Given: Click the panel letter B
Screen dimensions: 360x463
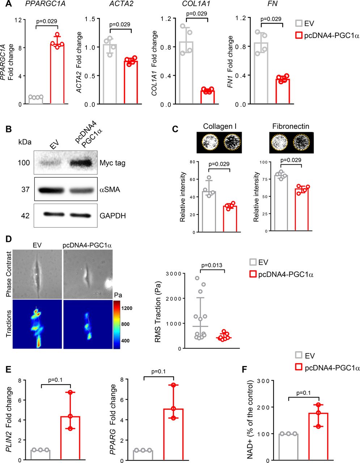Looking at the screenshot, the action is (x=9, y=129).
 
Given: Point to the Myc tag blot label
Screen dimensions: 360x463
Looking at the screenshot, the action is (x=113, y=163).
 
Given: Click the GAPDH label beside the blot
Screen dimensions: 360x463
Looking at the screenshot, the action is (x=113, y=216).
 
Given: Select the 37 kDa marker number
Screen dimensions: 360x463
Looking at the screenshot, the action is (x=25, y=189).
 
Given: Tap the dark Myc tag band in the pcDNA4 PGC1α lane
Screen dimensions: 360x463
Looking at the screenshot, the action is (x=81, y=163).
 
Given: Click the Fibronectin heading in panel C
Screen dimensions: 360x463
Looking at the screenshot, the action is (x=291, y=126).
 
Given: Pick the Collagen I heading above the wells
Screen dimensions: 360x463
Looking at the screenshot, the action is (x=220, y=126).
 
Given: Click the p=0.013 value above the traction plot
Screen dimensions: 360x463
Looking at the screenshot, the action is (x=212, y=265).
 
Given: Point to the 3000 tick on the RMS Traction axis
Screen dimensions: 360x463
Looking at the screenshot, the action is (x=173, y=273).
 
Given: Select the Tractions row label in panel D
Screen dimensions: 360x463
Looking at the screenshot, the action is (x=9, y=323).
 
